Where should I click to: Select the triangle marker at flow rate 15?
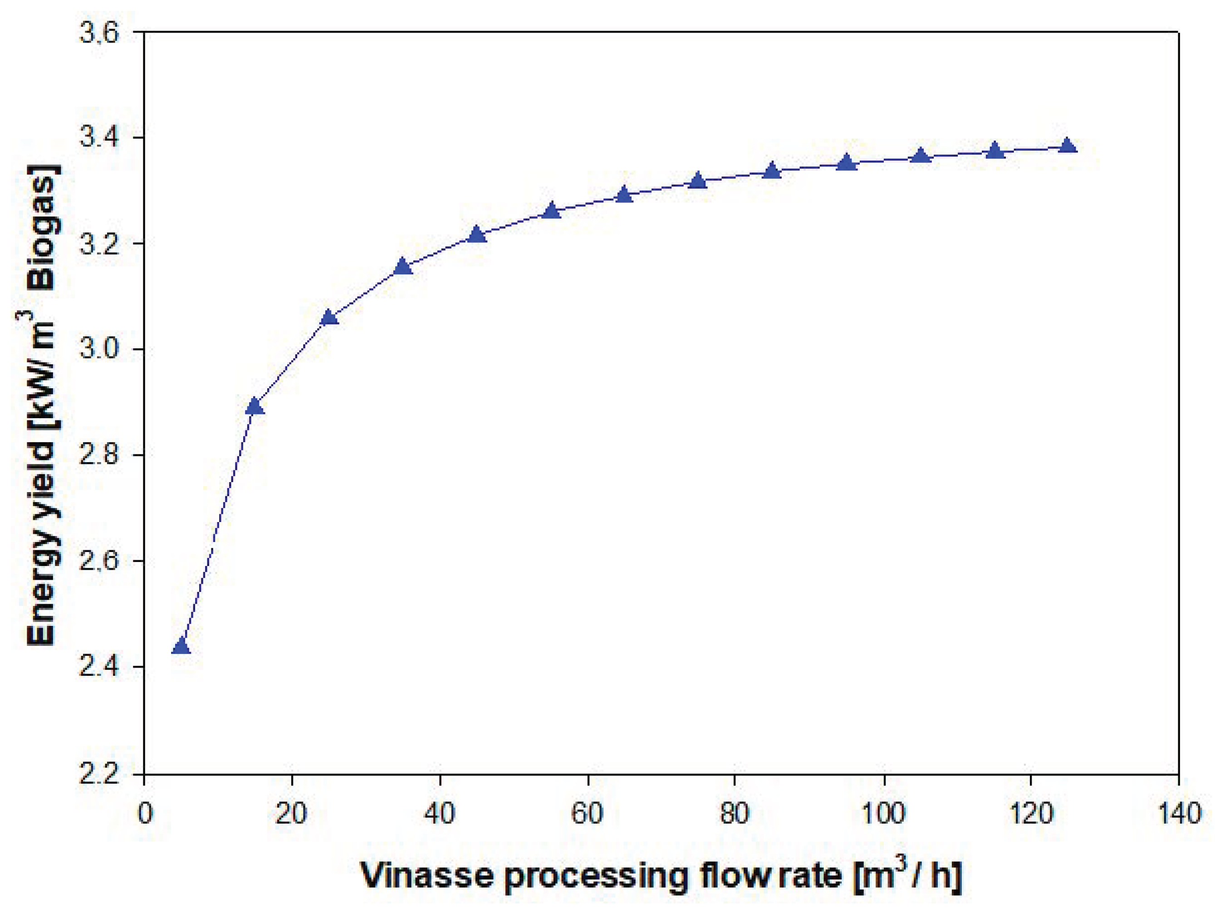[x=255, y=407]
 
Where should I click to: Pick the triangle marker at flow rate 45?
[x=477, y=234]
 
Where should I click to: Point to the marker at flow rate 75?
[x=698, y=180]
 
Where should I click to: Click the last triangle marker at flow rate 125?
[x=1067, y=146]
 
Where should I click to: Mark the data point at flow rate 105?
[x=921, y=156]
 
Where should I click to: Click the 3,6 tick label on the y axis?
[x=99, y=33]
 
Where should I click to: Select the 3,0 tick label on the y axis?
[x=99, y=349]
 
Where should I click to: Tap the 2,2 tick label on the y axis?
[x=99, y=775]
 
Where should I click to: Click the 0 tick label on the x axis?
[x=144, y=814]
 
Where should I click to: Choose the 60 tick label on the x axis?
[x=587, y=814]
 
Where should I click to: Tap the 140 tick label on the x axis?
[x=1179, y=814]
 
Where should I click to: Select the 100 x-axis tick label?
[x=883, y=814]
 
